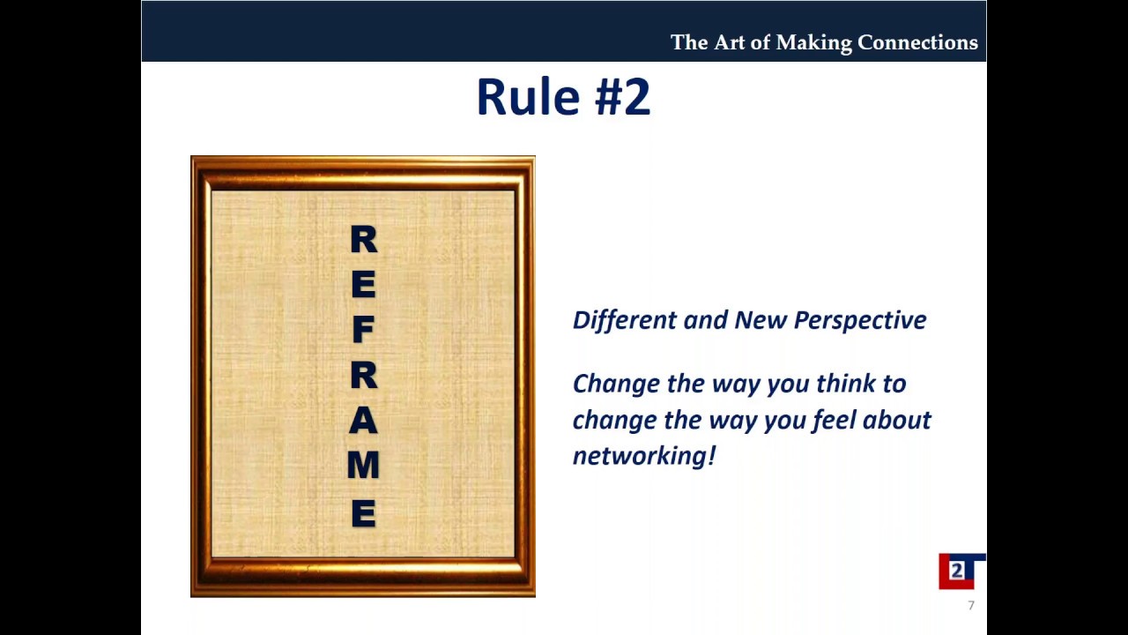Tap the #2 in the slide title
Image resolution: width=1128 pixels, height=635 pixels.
623,97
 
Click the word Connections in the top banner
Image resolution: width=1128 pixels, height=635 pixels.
917,42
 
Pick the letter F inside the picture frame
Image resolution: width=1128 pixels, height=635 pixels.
363,330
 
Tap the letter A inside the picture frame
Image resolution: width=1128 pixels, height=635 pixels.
363,421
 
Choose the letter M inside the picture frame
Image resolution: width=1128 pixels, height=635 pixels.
363,465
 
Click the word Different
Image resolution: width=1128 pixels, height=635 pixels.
624,320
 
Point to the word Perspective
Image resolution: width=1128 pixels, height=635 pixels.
860,321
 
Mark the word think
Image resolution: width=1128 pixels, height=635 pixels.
847,384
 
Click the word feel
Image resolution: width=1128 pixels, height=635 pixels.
834,420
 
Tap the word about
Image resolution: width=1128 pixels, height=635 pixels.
896,420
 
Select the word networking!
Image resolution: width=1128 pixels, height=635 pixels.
644,456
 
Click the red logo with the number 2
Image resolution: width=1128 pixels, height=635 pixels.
957,571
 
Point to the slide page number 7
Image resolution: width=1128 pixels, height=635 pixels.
971,606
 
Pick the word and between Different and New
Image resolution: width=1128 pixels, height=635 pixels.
705,320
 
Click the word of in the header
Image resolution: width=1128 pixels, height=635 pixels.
760,42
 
